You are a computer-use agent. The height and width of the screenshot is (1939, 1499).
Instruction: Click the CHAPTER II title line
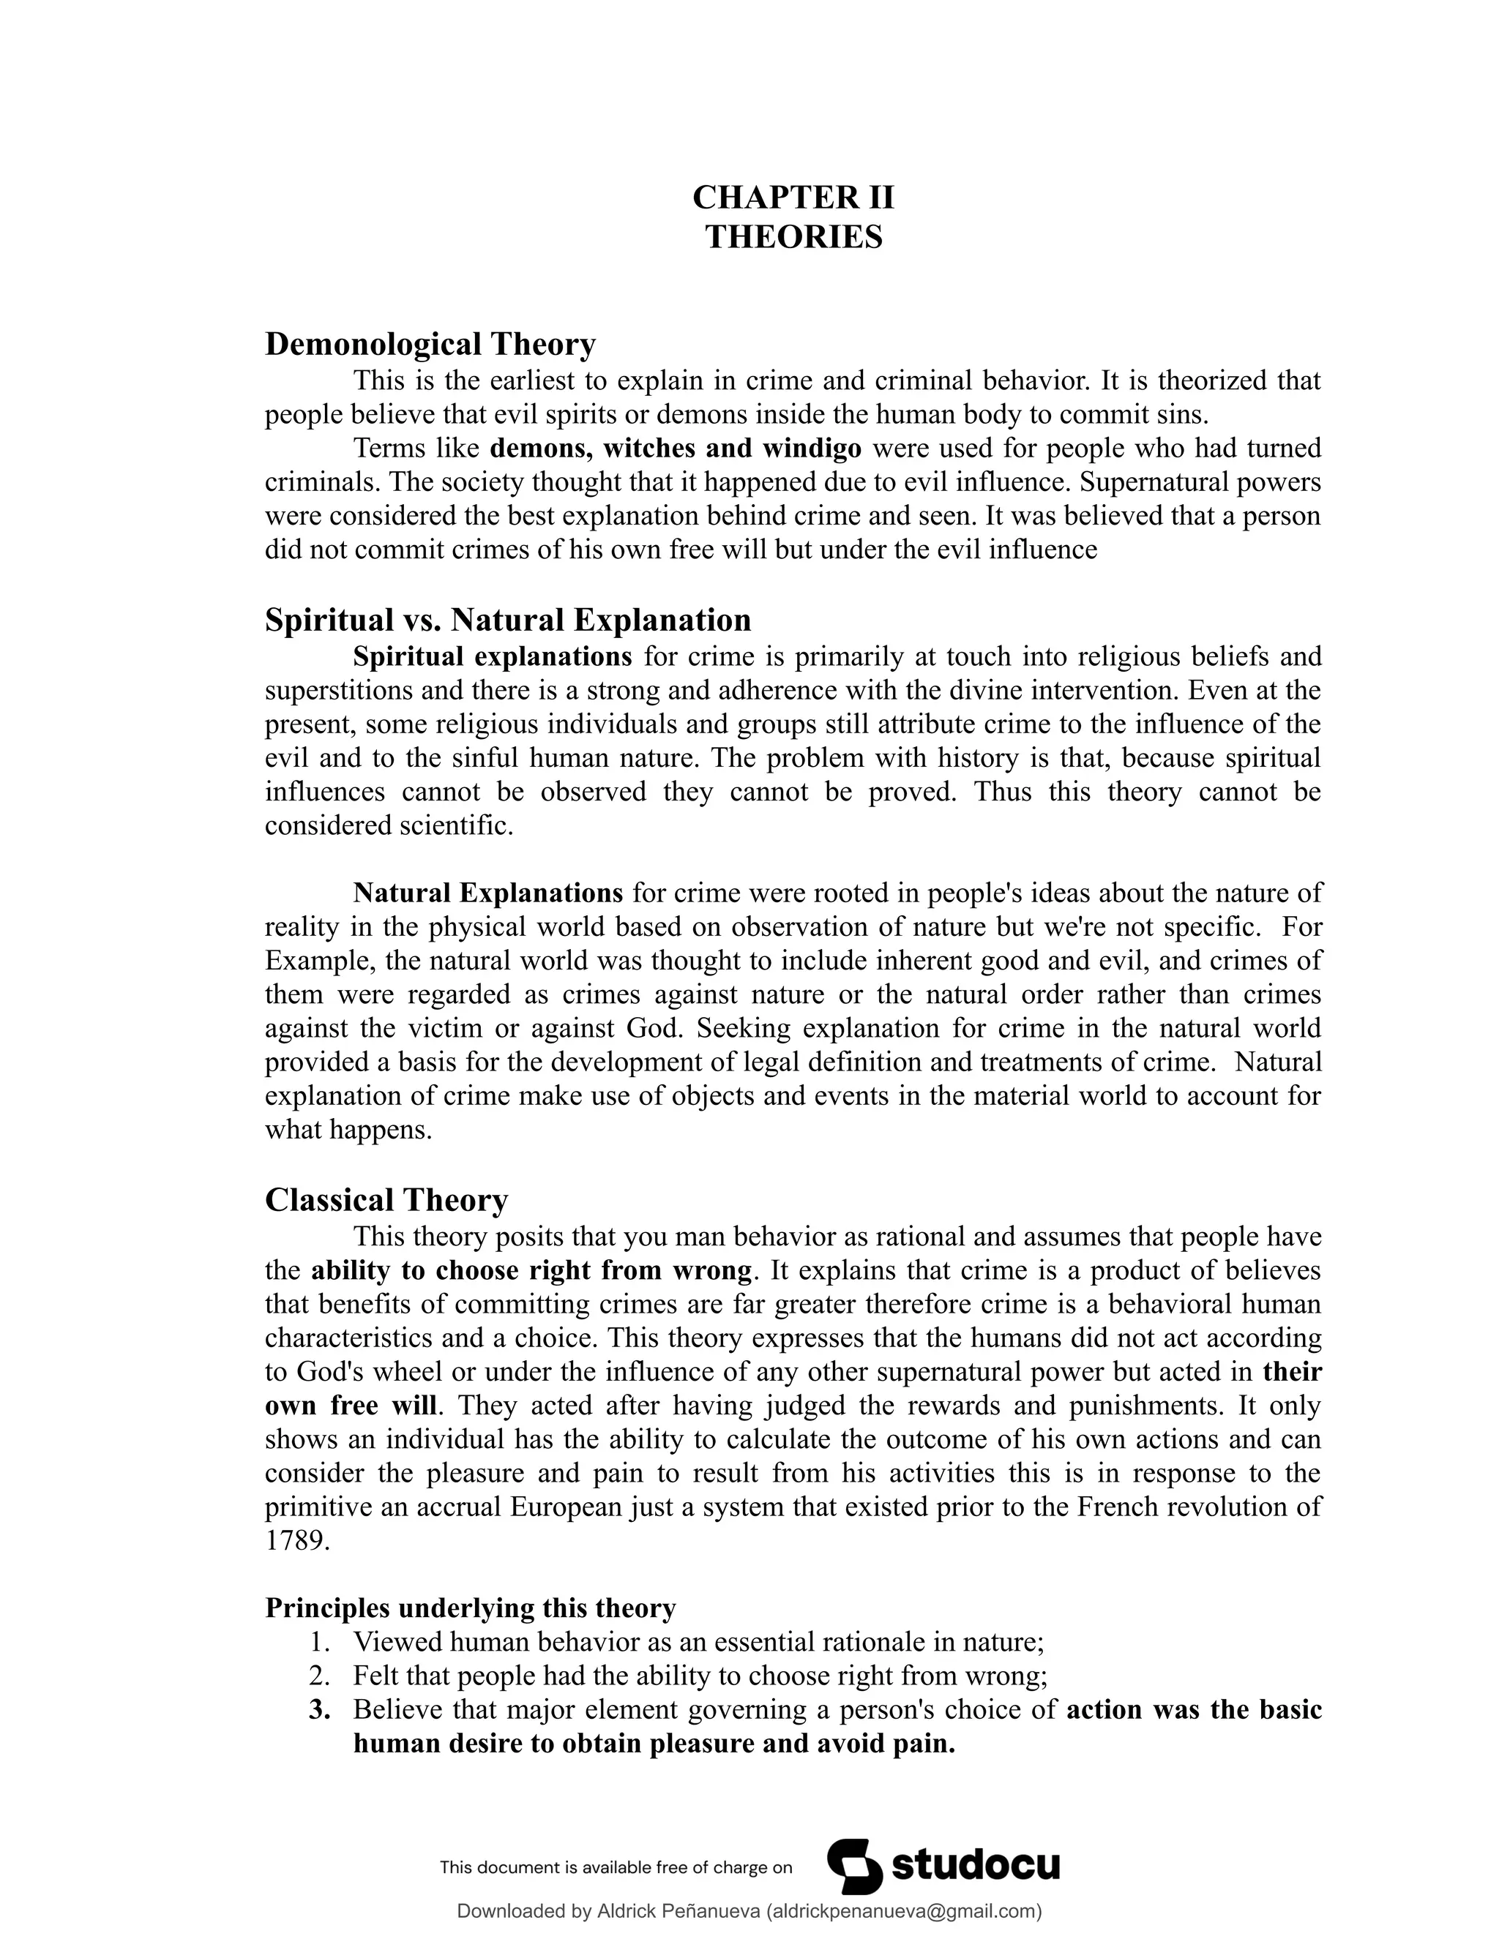tap(793, 197)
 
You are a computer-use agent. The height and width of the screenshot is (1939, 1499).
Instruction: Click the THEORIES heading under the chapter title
tap(793, 237)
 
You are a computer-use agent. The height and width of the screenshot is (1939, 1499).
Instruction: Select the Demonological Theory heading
tap(430, 344)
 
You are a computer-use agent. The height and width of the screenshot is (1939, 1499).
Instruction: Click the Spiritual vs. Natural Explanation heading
tap(507, 619)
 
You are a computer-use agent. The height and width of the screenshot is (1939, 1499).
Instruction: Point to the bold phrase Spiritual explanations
tap(492, 657)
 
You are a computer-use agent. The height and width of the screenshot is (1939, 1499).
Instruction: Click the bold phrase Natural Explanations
tap(487, 892)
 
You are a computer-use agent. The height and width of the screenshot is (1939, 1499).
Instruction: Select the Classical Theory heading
tap(386, 1199)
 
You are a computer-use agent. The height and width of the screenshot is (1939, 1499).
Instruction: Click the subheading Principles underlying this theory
tap(470, 1608)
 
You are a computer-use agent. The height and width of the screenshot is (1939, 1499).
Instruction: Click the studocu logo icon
tap(854, 1867)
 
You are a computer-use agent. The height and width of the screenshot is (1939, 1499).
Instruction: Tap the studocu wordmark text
tap(974, 1867)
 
